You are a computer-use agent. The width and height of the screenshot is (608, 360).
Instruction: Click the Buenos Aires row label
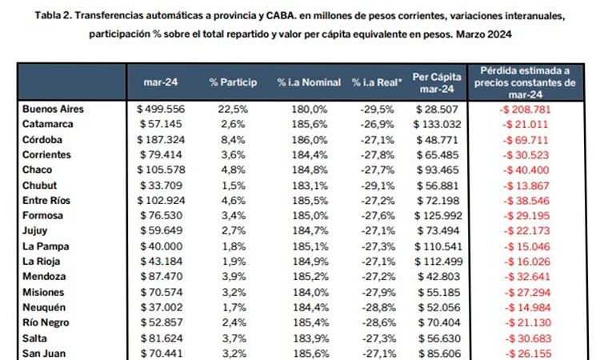[54, 109]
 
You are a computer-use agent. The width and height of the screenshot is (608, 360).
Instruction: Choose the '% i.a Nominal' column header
[309, 82]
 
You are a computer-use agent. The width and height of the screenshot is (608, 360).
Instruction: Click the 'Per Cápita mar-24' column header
[435, 82]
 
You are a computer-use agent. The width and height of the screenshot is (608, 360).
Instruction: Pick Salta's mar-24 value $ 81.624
[162, 338]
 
